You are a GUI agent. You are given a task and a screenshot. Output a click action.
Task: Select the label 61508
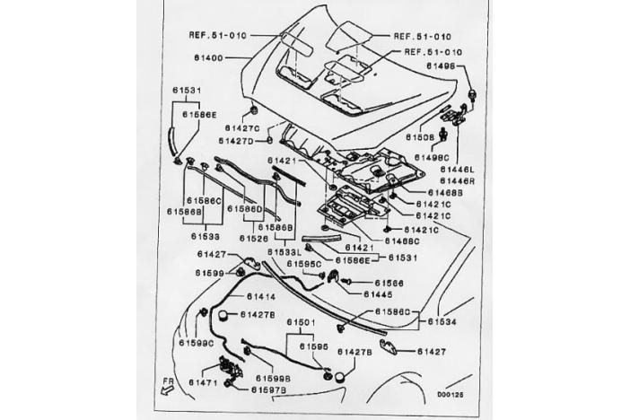419,137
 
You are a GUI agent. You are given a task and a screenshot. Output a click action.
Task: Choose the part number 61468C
401,241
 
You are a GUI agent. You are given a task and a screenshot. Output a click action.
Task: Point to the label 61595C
304,264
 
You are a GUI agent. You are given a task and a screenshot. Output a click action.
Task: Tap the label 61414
260,295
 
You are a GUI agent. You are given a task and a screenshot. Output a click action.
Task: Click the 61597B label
268,390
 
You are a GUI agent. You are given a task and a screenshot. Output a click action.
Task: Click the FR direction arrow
168,384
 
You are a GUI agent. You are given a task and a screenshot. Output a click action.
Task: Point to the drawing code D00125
450,393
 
